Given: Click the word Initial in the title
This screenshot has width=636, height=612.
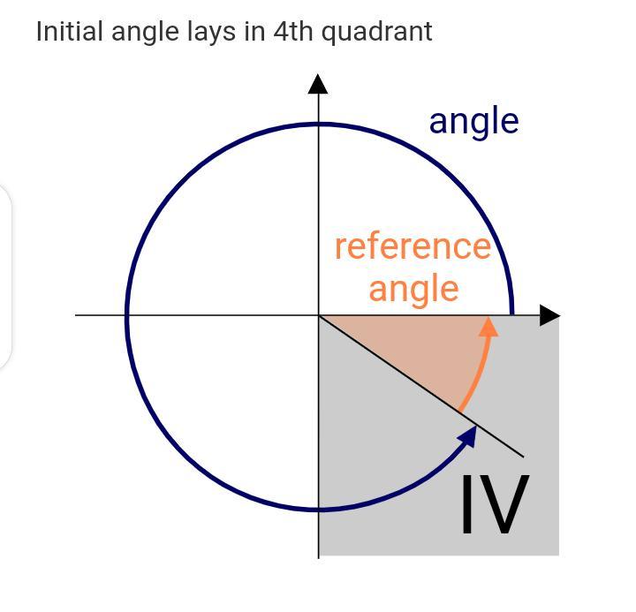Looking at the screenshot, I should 67,32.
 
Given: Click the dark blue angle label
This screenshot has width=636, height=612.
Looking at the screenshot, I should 473,121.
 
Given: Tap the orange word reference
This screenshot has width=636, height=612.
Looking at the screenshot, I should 413,246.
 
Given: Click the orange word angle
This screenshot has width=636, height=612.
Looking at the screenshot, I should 413,289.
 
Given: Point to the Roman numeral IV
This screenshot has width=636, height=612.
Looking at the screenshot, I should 494,504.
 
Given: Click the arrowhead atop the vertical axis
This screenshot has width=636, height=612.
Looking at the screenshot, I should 318,84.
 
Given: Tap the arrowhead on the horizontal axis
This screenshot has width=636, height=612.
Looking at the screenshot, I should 549,315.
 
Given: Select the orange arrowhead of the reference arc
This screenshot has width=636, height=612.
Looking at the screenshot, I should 487,327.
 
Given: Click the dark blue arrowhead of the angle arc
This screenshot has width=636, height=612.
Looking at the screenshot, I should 468,436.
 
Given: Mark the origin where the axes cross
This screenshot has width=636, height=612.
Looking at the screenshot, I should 319,314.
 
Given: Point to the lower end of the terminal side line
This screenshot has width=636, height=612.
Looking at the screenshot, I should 523,456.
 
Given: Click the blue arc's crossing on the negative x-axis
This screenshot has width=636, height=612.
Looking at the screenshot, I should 128,314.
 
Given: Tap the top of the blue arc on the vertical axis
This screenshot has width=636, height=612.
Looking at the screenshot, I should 319,125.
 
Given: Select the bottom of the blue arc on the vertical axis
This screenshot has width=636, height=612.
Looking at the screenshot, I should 319,509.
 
